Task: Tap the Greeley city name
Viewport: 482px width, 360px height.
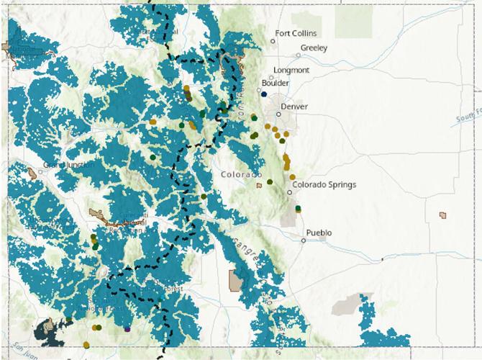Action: [x=314, y=48]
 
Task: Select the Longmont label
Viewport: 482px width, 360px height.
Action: [x=291, y=70]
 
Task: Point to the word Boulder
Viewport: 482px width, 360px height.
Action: [x=276, y=83]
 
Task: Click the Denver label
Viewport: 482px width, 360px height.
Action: [x=294, y=107]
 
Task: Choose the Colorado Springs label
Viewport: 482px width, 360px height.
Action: [x=324, y=184]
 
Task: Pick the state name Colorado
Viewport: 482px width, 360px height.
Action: [x=241, y=175]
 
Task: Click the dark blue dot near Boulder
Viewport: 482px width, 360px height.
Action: [x=265, y=94]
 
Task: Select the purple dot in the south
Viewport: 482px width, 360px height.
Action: [x=127, y=328]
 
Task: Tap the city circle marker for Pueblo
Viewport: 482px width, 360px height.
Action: [x=304, y=240]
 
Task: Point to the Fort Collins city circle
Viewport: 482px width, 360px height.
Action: [x=273, y=41]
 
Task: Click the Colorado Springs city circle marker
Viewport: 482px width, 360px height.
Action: [x=289, y=192]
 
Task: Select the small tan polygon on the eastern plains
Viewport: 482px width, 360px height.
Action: [x=442, y=215]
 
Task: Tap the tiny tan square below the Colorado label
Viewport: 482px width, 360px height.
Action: [x=259, y=186]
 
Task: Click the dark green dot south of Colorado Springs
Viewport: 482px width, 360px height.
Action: [x=298, y=208]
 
